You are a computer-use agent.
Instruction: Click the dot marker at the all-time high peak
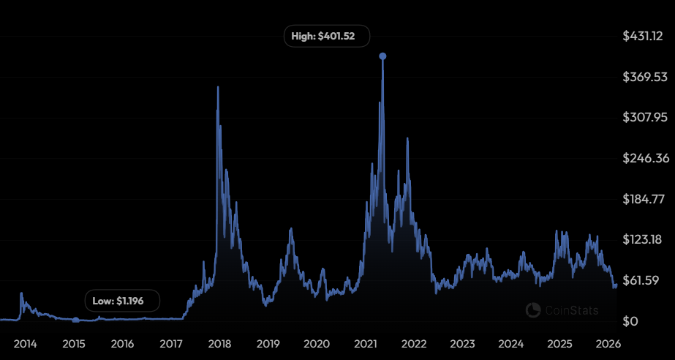click(x=382, y=56)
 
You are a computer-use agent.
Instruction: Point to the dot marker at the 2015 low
click(x=75, y=320)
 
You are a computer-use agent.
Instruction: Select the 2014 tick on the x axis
click(x=26, y=343)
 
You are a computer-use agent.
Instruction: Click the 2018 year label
click(x=219, y=343)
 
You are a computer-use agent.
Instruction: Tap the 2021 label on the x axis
click(x=365, y=343)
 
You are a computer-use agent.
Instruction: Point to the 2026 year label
click(x=608, y=343)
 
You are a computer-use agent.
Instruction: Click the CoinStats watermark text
click(x=571, y=310)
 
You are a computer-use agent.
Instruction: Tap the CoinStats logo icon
click(x=533, y=310)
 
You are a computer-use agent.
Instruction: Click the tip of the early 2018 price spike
click(x=217, y=87)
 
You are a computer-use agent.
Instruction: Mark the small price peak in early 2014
click(x=21, y=293)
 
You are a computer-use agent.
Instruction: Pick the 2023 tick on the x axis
click(x=462, y=343)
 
